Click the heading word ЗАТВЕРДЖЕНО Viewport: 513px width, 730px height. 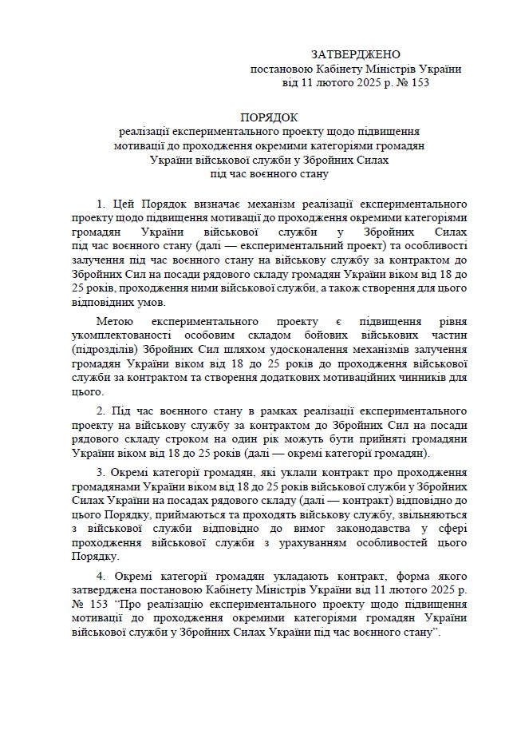(356, 54)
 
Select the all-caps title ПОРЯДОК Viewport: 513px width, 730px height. (269, 116)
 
